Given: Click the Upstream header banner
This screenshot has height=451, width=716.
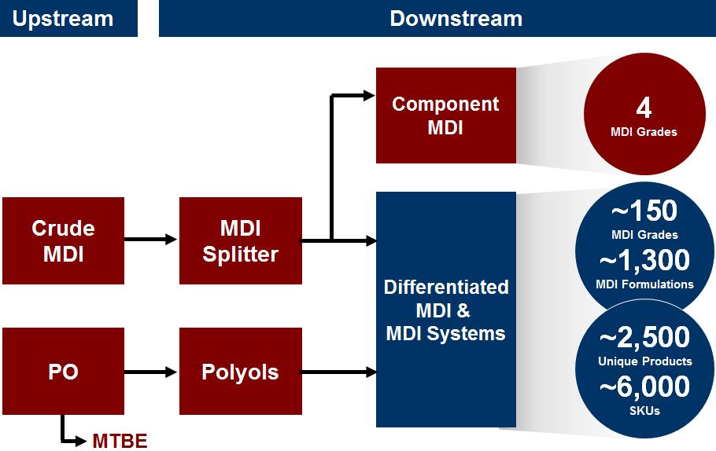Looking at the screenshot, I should tap(68, 19).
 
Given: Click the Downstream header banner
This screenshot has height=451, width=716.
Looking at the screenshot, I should tap(437, 19).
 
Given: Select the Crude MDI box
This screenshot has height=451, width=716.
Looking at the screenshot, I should tap(63, 240).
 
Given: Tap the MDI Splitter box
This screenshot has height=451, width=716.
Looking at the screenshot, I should tap(240, 240).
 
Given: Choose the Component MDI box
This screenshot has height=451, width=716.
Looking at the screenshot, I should tap(445, 115).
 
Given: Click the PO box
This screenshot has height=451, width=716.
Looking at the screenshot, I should tap(63, 372).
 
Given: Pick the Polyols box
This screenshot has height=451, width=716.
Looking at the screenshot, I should tap(240, 372).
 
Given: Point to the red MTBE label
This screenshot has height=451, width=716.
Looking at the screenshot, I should tap(120, 441).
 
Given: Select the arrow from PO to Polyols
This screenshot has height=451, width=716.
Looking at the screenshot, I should tap(152, 372).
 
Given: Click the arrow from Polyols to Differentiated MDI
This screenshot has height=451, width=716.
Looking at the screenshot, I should tap(338, 372).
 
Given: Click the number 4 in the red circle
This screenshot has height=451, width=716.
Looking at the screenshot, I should tap(644, 108).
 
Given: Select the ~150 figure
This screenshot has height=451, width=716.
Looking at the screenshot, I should tap(644, 211).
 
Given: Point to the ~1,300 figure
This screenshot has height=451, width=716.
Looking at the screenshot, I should tap(644, 260).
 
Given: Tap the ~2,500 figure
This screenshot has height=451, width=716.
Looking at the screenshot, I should tap(644, 338).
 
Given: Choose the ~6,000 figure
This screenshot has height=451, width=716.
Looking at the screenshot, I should tap(644, 387).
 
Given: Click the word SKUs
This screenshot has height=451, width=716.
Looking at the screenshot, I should tap(644, 411).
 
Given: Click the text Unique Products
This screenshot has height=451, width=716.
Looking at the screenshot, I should tap(644, 361).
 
